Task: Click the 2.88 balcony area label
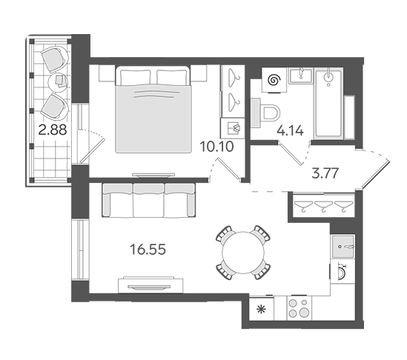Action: (x=53, y=130)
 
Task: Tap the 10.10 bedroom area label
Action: (x=216, y=147)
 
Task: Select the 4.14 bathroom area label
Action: (x=290, y=130)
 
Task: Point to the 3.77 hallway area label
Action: (x=325, y=173)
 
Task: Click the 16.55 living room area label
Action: (x=148, y=250)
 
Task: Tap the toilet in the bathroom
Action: (x=265, y=113)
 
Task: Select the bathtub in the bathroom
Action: (x=328, y=103)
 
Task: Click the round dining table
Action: (x=243, y=253)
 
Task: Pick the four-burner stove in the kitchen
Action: (x=300, y=308)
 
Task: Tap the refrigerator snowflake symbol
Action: (x=261, y=310)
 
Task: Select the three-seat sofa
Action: (x=149, y=200)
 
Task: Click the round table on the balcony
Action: (x=59, y=81)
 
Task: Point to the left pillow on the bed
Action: (x=135, y=77)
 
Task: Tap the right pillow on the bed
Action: (x=171, y=77)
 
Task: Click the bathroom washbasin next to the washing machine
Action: (x=300, y=76)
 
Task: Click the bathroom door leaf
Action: (x=290, y=153)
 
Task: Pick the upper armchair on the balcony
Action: (x=55, y=59)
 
